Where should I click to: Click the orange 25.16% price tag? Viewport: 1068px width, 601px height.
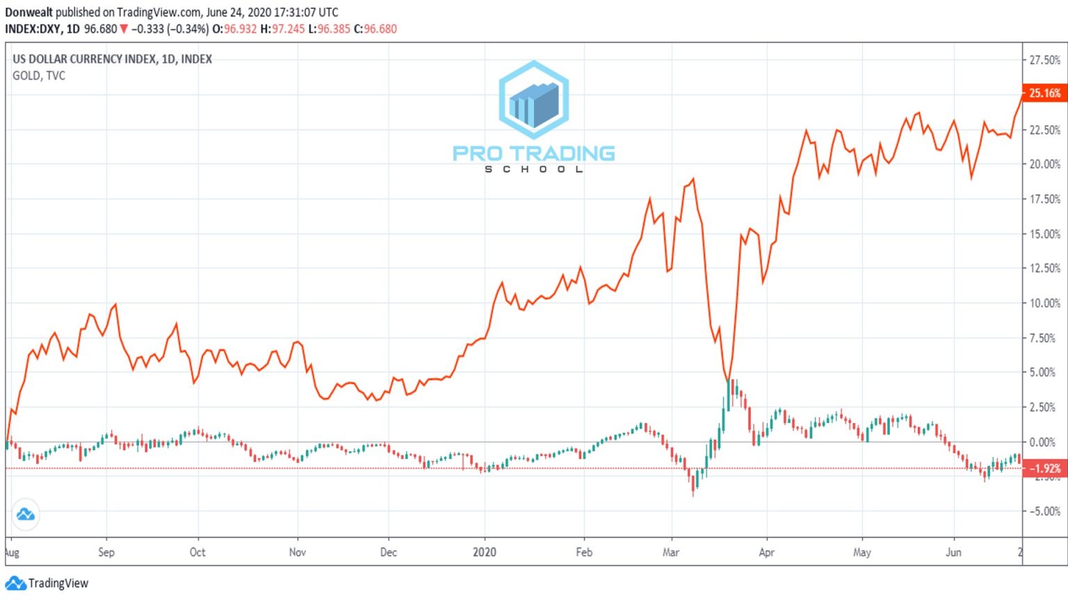click(x=1044, y=93)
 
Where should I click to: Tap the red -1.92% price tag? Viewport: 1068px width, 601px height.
click(x=1044, y=468)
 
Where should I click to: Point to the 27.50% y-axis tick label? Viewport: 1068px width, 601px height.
click(x=1044, y=61)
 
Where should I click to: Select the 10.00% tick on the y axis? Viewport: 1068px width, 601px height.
click(x=1044, y=303)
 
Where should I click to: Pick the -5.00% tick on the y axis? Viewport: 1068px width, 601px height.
click(x=1044, y=511)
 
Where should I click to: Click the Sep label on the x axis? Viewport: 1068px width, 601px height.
click(x=106, y=552)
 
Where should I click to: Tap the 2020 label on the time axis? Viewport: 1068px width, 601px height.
click(x=485, y=552)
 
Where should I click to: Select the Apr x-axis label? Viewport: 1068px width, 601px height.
click(x=766, y=552)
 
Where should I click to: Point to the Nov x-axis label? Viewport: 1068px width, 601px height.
click(x=297, y=552)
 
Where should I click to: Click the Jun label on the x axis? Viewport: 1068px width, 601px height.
click(x=953, y=552)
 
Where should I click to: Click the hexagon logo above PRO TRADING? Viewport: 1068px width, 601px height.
click(x=534, y=99)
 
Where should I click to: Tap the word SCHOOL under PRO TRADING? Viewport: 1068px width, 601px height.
click(x=534, y=169)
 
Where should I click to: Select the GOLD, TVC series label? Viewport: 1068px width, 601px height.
click(x=39, y=76)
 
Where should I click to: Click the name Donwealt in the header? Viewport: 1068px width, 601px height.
click(x=29, y=13)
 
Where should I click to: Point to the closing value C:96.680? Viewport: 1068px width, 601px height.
click(x=375, y=29)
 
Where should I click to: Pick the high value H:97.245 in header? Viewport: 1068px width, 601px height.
click(x=282, y=29)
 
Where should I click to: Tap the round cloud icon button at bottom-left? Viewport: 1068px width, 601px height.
click(x=26, y=515)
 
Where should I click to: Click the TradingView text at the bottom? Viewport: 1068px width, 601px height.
click(x=58, y=584)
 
